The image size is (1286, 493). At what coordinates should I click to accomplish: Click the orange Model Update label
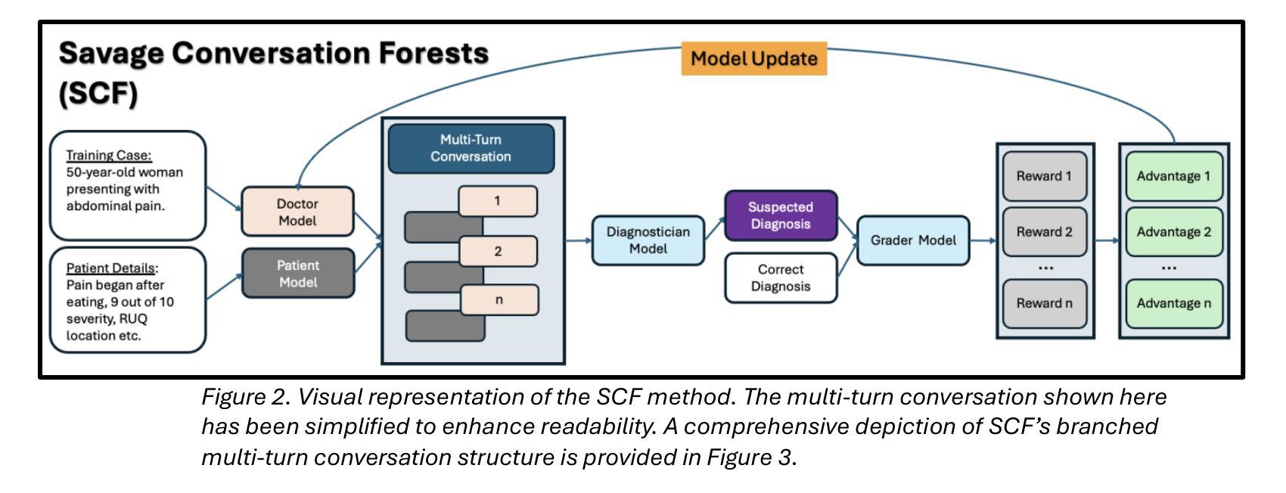pos(753,58)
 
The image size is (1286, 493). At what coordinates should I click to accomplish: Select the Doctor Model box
pos(297,211)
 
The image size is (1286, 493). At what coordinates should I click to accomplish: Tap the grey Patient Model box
pos(298,273)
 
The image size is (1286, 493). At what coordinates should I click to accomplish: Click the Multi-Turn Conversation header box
pos(471,148)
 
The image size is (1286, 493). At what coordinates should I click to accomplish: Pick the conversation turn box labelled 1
pos(498,201)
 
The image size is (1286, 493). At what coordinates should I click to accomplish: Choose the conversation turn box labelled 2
pos(498,251)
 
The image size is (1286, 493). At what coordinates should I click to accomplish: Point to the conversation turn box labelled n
pos(499,299)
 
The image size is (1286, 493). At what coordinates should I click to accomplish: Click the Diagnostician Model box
pos(648,240)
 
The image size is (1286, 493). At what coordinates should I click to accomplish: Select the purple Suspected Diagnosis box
pos(781,215)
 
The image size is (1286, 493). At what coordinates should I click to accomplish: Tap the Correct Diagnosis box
pos(781,278)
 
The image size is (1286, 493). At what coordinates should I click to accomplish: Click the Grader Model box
pos(913,240)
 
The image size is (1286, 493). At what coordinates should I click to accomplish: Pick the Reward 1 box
pos(1045,176)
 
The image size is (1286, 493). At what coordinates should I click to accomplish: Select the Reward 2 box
pos(1045,232)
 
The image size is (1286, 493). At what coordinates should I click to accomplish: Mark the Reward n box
pos(1045,304)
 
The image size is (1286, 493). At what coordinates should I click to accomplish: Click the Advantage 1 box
pos(1174,176)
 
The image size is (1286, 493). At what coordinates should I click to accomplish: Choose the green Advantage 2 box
pos(1174,232)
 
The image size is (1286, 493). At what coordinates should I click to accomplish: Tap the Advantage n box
pos(1174,304)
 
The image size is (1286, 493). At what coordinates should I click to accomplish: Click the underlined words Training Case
pos(108,156)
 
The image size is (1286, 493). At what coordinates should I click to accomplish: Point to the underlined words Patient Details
pos(110,268)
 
